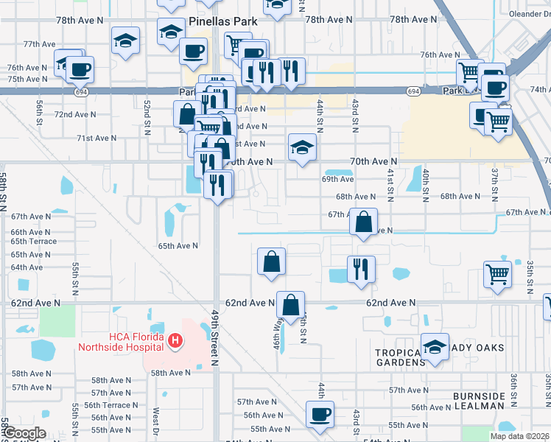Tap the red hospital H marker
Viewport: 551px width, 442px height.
click(x=175, y=341)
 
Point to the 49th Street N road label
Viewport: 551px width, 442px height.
click(x=215, y=337)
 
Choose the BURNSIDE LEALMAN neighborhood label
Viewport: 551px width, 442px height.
click(x=479, y=401)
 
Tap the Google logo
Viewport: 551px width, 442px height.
click(x=24, y=433)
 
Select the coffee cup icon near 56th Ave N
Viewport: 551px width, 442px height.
click(x=320, y=414)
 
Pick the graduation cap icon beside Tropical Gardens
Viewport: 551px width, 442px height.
click(x=435, y=347)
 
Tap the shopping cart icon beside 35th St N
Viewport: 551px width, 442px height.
click(x=498, y=274)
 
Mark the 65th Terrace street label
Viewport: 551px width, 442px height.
click(x=33, y=242)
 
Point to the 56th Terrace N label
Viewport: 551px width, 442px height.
click(x=110, y=405)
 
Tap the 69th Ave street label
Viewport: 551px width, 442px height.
click(x=338, y=179)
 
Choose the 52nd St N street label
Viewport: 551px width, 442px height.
click(x=148, y=112)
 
